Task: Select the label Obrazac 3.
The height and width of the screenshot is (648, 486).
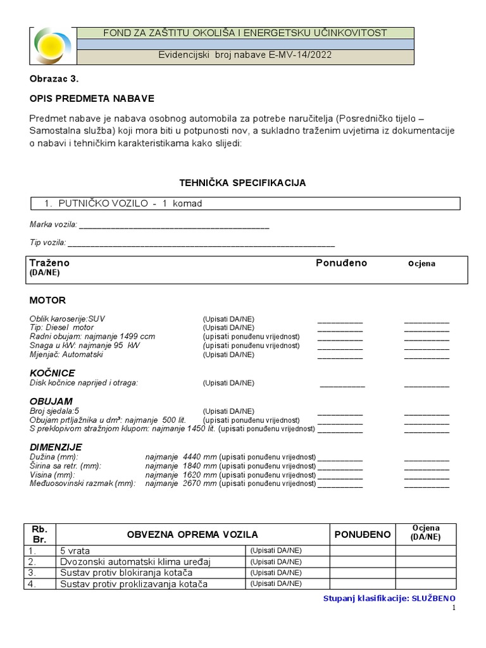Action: pyautogui.click(x=54, y=79)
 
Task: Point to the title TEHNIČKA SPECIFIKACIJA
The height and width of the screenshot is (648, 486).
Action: pyautogui.click(x=244, y=183)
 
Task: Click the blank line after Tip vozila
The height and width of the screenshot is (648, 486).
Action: pyautogui.click(x=201, y=244)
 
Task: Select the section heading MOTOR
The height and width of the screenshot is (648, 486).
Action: pyautogui.click(x=47, y=300)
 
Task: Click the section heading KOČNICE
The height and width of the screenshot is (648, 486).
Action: pyautogui.click(x=53, y=373)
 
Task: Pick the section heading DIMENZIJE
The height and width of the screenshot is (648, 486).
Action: pyautogui.click(x=56, y=447)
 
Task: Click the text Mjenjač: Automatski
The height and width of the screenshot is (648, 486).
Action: pyautogui.click(x=66, y=354)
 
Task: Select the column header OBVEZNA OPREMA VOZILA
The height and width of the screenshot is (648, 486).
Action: pyautogui.click(x=192, y=535)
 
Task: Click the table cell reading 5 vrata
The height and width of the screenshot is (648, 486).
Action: pyautogui.click(x=75, y=551)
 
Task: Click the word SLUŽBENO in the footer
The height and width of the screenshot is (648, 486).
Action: pyautogui.click(x=433, y=598)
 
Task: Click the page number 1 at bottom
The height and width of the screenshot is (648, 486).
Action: pyautogui.click(x=453, y=608)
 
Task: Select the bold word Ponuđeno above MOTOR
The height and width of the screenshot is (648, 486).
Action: pyautogui.click(x=341, y=263)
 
